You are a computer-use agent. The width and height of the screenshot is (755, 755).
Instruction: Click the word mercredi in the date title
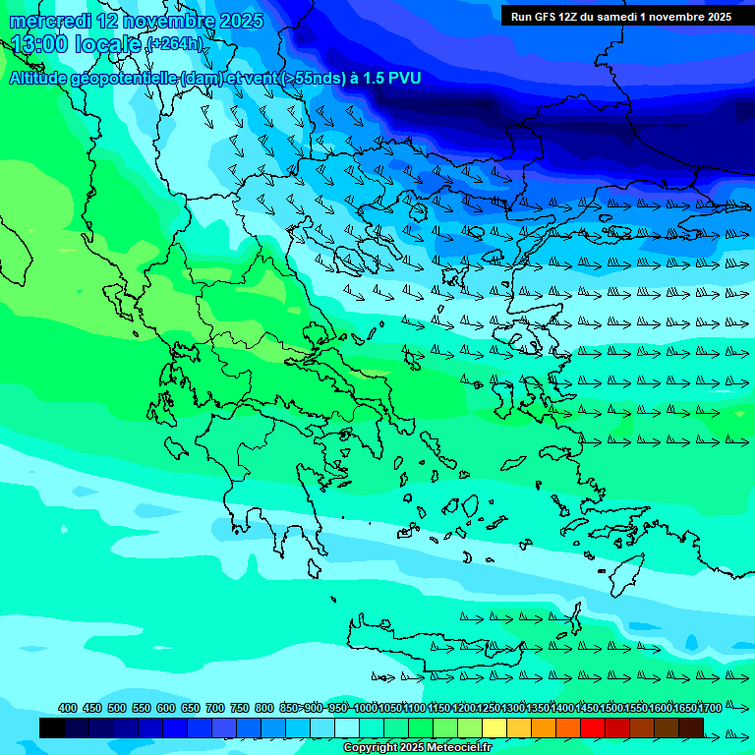pos(49,21)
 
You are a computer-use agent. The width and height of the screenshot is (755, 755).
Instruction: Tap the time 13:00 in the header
pos(39,44)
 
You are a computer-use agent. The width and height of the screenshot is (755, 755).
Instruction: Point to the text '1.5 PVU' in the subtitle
pos(390,79)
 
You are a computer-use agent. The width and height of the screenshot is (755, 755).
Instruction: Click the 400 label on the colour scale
pos(68,708)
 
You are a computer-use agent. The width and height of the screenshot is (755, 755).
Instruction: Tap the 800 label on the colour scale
pos(264,708)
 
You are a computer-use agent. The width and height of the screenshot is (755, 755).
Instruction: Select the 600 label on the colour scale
pos(166,708)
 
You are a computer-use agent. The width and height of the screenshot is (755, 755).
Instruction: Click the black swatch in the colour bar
pos(52,727)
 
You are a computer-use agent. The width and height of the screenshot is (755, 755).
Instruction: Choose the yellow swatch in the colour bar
pos(494,727)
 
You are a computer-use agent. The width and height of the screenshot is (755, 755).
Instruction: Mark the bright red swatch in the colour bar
pos(593,727)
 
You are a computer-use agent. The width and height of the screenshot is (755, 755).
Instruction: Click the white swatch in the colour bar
pos(347,727)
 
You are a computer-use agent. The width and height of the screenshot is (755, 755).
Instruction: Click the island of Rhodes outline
pos(625,573)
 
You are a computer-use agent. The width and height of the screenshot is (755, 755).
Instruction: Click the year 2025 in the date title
pos(239,21)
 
